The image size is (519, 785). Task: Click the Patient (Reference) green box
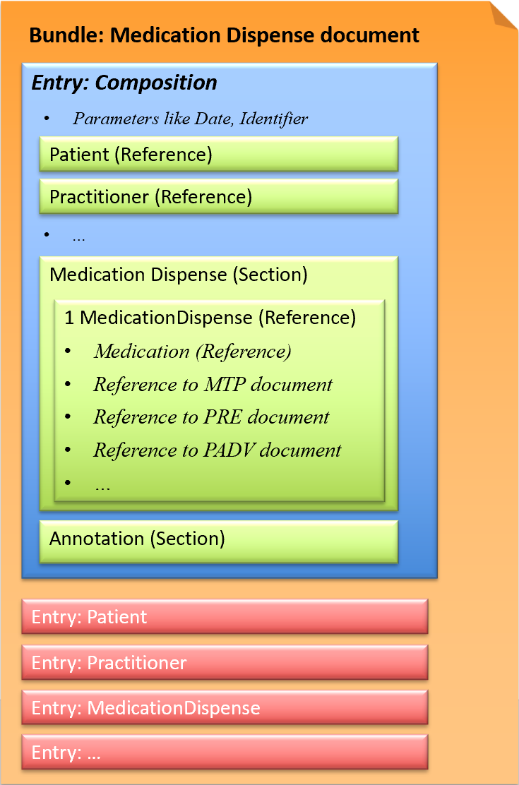point(218,155)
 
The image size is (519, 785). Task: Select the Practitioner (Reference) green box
point(218,197)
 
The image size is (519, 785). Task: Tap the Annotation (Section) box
point(218,540)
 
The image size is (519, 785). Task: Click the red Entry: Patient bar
point(225,617)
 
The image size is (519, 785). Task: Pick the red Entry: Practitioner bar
point(225,663)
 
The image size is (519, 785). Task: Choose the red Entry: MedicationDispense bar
point(225,708)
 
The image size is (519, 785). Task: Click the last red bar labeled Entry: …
point(225,753)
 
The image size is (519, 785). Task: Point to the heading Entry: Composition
point(124,83)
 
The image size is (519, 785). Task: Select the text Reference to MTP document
point(213,385)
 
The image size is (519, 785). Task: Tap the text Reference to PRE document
point(211,417)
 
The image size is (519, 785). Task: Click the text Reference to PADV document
point(217,450)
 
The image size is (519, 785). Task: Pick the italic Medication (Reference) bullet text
point(192,352)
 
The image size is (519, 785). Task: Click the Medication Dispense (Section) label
point(179,275)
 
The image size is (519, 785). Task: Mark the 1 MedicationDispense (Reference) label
point(210,318)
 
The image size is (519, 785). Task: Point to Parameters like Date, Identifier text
point(190,119)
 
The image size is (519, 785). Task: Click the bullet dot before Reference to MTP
point(68,385)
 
